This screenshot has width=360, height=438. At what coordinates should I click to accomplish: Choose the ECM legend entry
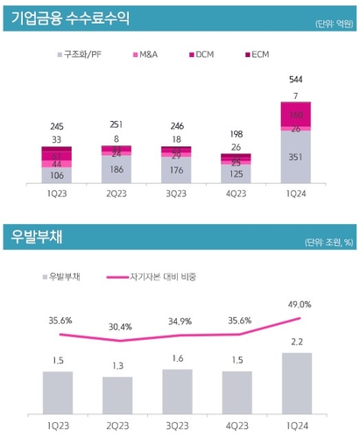255,55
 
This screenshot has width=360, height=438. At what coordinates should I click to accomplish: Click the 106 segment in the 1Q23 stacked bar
57,174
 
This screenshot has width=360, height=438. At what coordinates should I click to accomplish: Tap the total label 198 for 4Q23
236,134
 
